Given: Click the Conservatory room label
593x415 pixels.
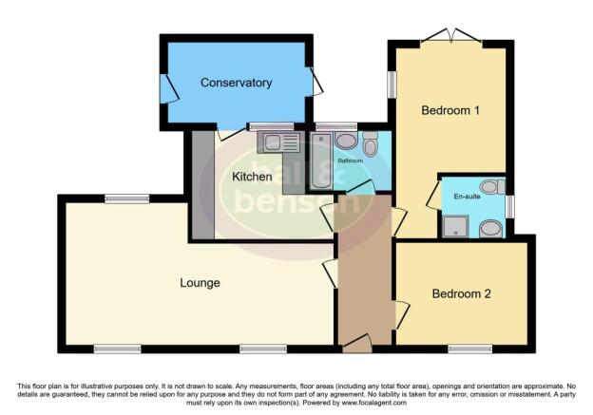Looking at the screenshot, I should pos(236,83).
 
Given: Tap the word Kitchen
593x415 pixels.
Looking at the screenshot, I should pos(252,177).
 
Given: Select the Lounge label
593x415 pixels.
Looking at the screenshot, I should pos(200,283).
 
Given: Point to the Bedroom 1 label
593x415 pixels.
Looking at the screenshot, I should pos(450,111).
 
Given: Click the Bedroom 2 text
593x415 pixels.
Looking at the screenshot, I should pos(461,293).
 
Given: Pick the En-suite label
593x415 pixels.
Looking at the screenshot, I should pos(469,198).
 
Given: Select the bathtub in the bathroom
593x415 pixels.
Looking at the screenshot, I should pos(320,161).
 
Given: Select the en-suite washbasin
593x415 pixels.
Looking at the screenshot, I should pos(490,228).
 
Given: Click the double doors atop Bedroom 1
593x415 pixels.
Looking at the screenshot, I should pos(450,37).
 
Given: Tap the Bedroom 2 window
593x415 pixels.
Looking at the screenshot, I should pos(469,349).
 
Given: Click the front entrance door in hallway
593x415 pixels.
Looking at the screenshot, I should pos(357,344).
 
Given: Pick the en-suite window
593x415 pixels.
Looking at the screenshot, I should pos(510,206).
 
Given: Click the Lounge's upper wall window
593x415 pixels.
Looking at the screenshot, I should pos(126,198).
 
